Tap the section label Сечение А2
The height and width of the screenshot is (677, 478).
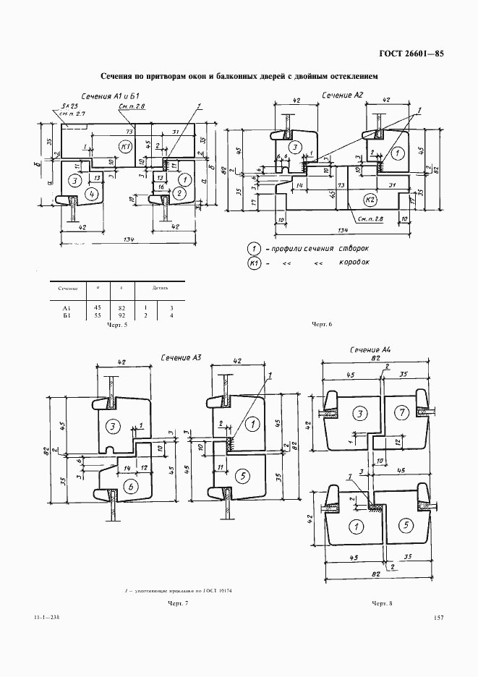point(342,95)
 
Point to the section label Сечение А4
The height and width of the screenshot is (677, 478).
point(370,350)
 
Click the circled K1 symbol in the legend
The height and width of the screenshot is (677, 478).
point(253,263)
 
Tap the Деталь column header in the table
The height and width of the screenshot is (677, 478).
point(158,288)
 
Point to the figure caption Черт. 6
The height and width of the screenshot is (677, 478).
point(320,324)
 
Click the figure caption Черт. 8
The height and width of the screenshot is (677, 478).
point(382,603)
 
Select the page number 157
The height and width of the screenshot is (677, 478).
point(438,617)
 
